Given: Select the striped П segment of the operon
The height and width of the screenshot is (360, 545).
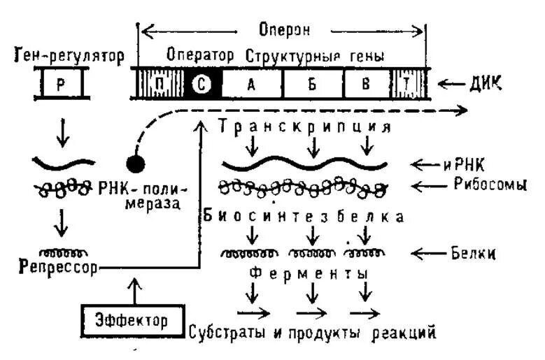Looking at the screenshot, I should click(160, 85).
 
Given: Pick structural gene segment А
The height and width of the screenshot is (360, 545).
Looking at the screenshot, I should click(251, 85).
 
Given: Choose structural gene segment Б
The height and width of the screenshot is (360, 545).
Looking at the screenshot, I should click(313, 85).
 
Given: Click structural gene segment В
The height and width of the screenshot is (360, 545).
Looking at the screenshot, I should click(365, 85).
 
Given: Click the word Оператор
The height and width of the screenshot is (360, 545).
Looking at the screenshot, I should click(200, 55).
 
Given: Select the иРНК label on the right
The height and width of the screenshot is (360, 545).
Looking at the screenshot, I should click(479, 165).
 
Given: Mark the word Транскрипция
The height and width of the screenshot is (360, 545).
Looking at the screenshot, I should click(304, 127).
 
